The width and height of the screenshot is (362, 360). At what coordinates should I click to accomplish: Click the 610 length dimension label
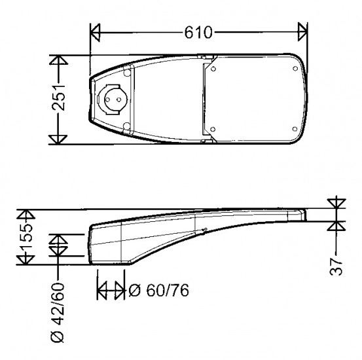point(198,33)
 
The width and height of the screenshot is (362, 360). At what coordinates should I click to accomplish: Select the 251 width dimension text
point(59,98)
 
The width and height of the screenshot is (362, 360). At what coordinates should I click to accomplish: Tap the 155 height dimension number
point(26,236)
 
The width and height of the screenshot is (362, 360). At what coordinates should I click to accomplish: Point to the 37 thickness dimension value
point(336,266)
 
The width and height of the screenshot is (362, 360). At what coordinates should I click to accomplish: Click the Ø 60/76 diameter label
point(159,290)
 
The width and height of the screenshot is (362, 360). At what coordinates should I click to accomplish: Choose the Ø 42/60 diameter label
point(57,312)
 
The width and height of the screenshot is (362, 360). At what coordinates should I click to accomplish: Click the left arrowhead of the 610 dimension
point(95,32)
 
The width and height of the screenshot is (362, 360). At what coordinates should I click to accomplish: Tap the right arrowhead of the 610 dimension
point(302,32)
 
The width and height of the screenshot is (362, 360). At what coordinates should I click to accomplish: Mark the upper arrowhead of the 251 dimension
point(58,60)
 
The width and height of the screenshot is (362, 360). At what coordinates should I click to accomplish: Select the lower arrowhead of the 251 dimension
point(58,139)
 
